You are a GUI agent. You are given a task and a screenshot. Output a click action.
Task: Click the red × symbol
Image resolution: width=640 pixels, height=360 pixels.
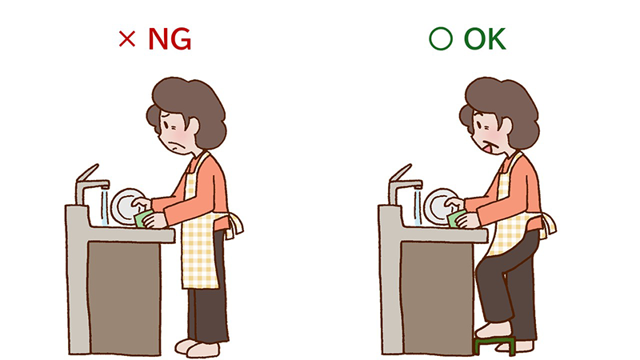(127, 39)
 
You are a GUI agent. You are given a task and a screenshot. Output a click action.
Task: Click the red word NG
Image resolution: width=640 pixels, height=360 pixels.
(170, 39)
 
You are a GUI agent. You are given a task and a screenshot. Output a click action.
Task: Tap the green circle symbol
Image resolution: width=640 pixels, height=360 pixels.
(441, 39)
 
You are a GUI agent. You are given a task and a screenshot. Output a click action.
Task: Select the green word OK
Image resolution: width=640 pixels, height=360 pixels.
(485, 39)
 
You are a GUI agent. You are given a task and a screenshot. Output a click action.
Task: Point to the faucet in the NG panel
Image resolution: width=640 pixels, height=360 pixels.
(90, 184)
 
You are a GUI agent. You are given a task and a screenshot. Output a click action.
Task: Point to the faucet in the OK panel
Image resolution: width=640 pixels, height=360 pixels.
(404, 184)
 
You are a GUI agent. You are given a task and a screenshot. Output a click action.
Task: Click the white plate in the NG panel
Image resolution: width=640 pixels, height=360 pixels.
(126, 206)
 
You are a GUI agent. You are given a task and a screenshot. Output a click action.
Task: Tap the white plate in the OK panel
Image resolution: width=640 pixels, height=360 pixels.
(438, 206)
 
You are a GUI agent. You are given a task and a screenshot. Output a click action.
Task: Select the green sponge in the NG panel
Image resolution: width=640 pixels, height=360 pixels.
(142, 218)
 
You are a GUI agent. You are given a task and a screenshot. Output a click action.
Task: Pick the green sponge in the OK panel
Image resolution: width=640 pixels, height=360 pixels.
(455, 218)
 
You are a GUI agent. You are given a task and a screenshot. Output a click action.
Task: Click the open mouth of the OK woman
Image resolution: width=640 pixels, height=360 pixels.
(488, 148)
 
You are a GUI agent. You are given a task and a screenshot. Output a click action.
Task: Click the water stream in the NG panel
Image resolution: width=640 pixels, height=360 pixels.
(105, 206)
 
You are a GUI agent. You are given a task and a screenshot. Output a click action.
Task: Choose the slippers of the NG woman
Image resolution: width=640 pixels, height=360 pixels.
(197, 348)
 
